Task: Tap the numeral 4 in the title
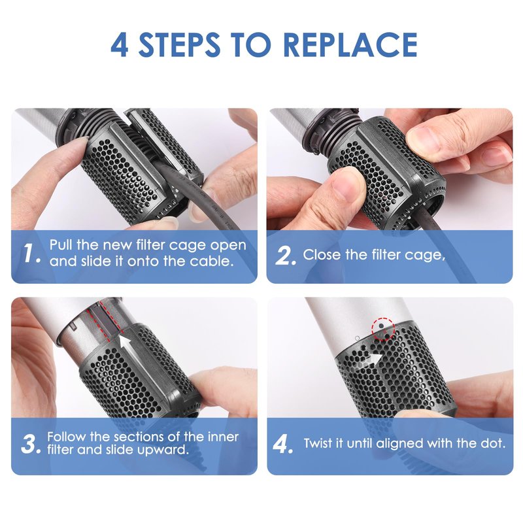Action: (120, 44)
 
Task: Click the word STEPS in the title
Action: (179, 44)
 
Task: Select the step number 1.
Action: (32, 253)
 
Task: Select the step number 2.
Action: (286, 256)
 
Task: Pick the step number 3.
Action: (30, 444)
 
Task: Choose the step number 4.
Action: (283, 444)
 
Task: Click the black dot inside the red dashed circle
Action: (381, 326)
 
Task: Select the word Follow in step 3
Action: (67, 437)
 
